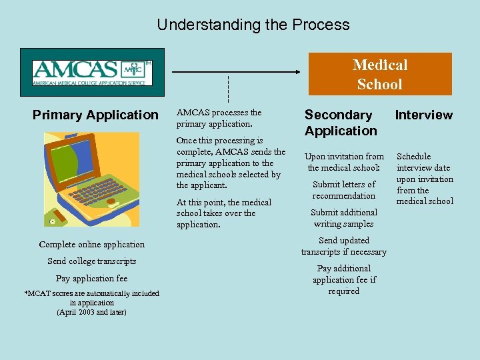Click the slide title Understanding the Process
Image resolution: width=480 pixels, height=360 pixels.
click(x=253, y=25)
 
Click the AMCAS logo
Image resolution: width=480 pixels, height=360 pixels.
click(x=92, y=72)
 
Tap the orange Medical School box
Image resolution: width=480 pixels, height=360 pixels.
click(x=380, y=74)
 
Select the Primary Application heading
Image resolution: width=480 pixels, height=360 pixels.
click(x=95, y=115)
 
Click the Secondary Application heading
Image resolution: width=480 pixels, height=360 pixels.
click(x=341, y=123)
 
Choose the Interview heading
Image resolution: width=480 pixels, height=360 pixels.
click(x=423, y=115)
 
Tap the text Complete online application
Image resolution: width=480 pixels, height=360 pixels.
click(x=91, y=245)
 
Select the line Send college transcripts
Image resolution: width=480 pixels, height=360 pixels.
click(x=91, y=261)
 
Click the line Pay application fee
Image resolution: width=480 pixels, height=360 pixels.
click(x=91, y=279)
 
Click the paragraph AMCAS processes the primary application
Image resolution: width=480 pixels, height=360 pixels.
click(x=219, y=118)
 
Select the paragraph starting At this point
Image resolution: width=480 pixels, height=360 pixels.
click(x=224, y=213)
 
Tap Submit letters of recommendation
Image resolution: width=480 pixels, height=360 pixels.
click(x=344, y=190)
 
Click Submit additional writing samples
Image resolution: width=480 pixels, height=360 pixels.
click(x=344, y=218)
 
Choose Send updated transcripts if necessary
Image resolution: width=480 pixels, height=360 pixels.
click(x=344, y=246)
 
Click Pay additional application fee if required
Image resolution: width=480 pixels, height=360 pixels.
click(x=344, y=279)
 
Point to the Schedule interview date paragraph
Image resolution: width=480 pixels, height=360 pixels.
click(x=425, y=179)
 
